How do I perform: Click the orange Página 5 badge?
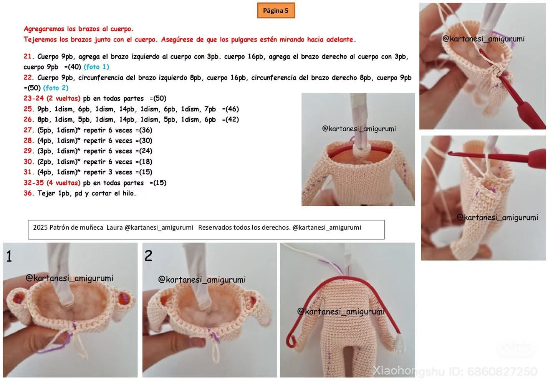(x=276, y=11)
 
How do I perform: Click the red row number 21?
(x=29, y=56)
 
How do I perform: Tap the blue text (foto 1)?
(x=96, y=67)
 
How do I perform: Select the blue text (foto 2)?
(x=56, y=88)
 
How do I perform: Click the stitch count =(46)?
(x=230, y=109)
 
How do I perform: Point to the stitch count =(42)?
(x=230, y=119)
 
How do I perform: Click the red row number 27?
(x=29, y=130)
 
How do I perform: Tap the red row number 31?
(x=29, y=172)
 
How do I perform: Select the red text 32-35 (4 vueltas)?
(x=52, y=183)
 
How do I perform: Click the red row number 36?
(x=29, y=193)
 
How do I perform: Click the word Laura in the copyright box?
(x=114, y=227)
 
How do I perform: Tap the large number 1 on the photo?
(x=9, y=256)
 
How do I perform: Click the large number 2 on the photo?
(x=148, y=256)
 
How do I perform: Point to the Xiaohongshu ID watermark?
(x=455, y=371)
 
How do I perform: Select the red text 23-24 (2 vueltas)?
(x=52, y=98)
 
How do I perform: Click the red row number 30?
(x=29, y=162)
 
